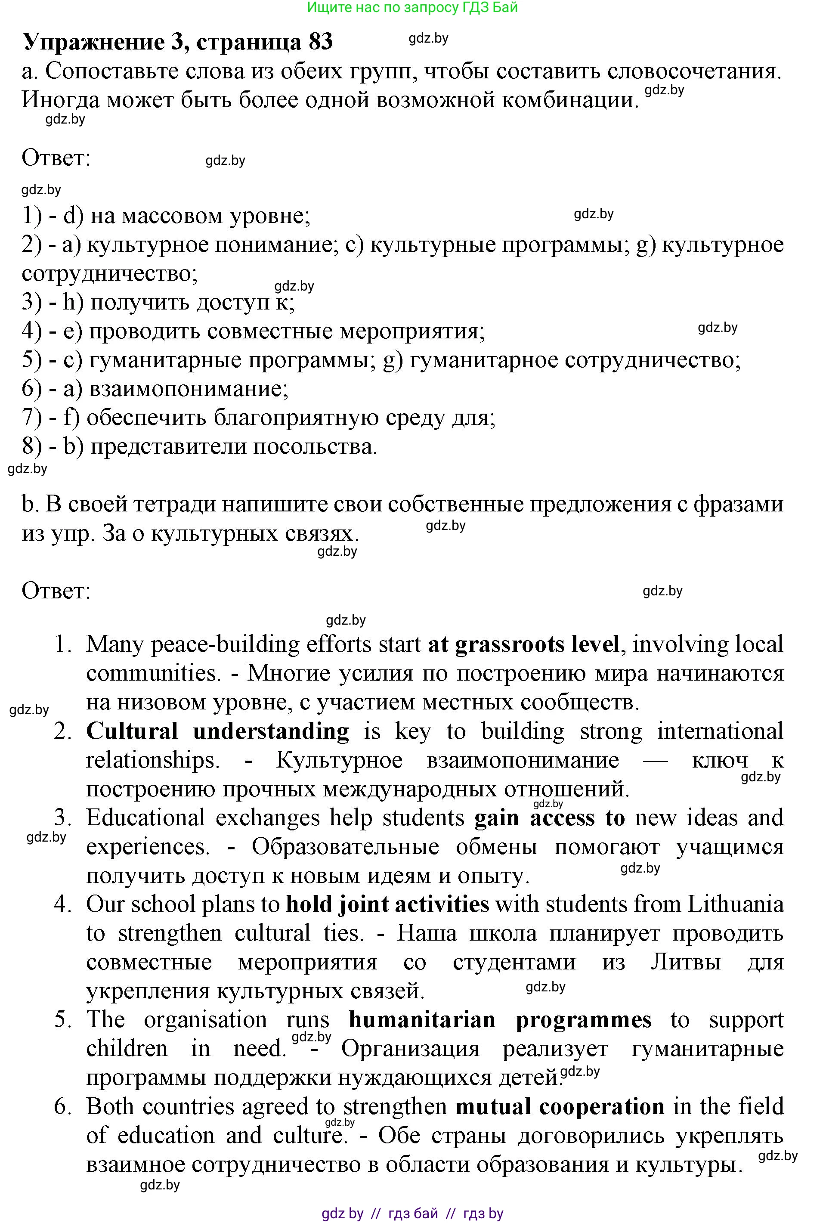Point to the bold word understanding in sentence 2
(271, 731)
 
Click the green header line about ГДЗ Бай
(412, 7)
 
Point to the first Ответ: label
(56, 158)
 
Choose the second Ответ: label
(56, 591)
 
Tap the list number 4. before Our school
(62, 904)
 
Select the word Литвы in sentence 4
(686, 962)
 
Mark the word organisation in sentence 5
(205, 1020)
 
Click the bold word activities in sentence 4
(442, 904)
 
